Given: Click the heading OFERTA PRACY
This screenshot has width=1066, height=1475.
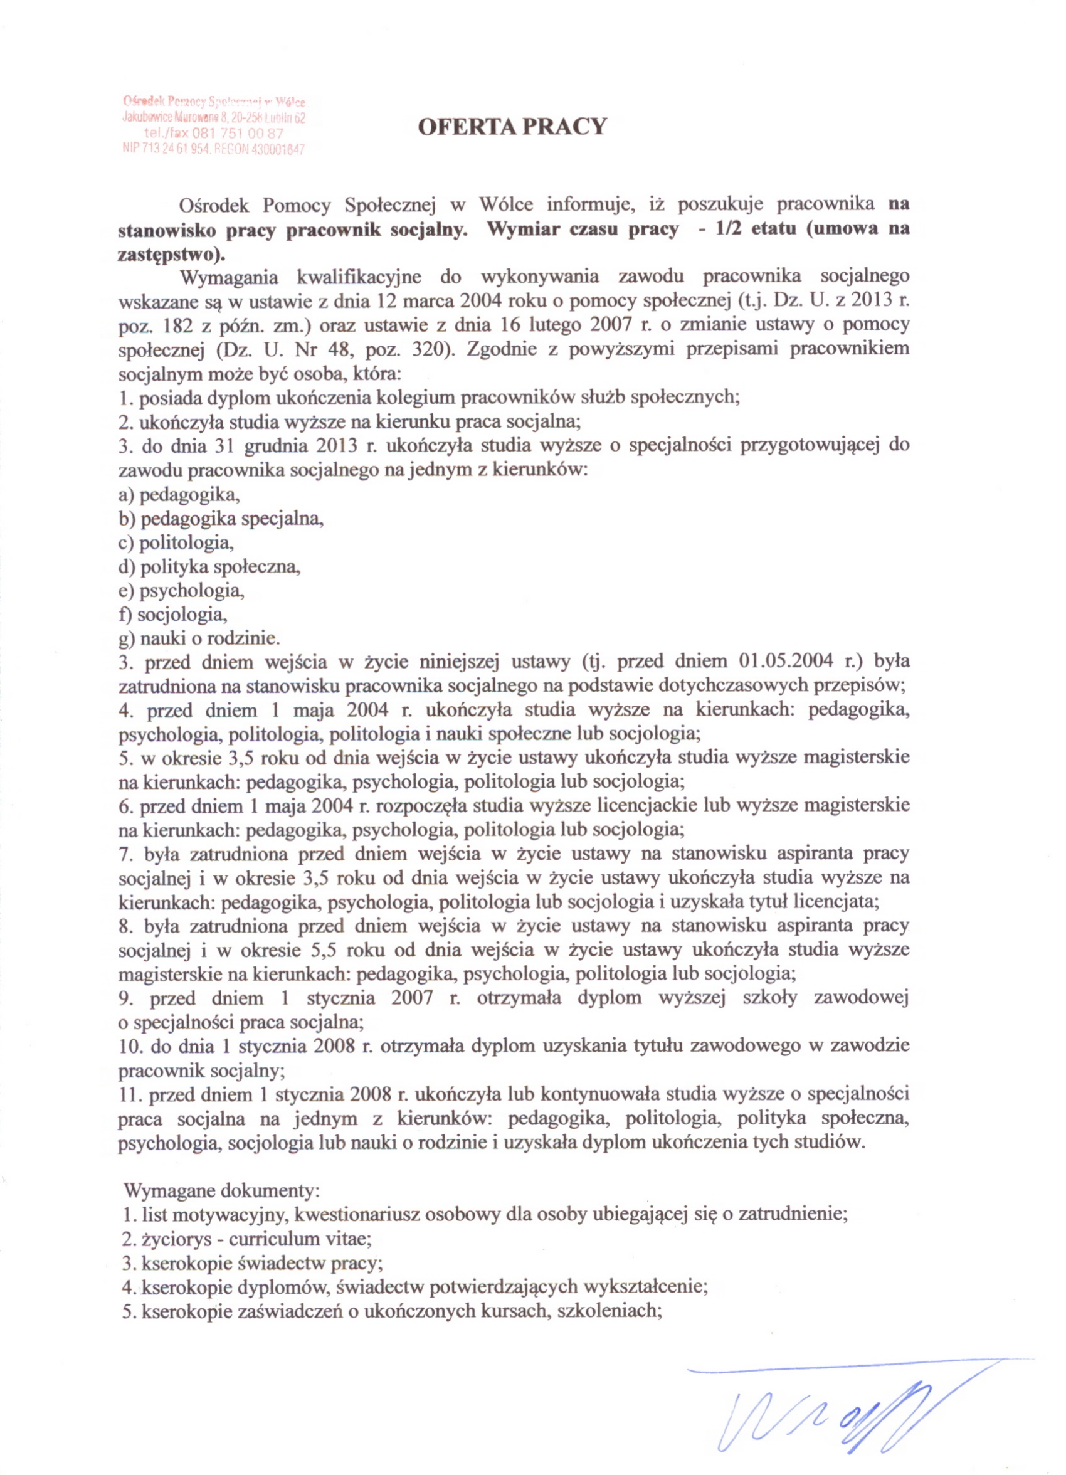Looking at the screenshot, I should (x=511, y=126).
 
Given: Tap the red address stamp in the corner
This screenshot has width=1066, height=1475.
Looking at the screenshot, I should (x=214, y=125).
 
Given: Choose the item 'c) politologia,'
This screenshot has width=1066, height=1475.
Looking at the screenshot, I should (x=176, y=542).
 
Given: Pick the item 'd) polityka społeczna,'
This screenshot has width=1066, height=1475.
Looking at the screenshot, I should (x=209, y=566).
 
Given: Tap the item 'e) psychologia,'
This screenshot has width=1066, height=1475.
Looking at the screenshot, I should (x=181, y=591).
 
